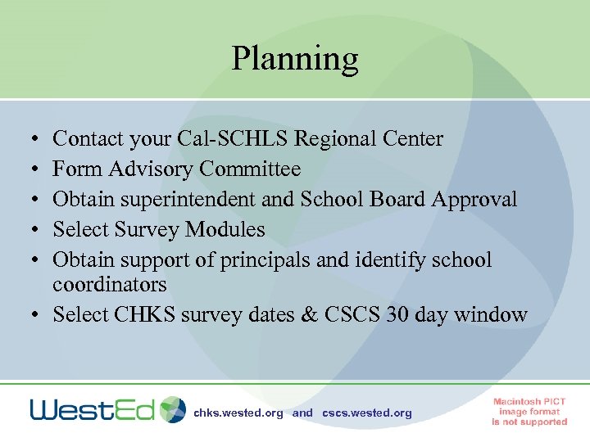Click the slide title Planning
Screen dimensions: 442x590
tap(294, 59)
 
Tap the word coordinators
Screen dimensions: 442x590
tap(109, 285)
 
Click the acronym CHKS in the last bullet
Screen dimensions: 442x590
tap(157, 315)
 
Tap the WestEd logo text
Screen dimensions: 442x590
tap(92, 410)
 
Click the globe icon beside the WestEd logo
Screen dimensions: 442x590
tap(173, 409)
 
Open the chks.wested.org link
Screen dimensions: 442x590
tap(238, 413)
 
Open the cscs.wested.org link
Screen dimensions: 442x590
tap(367, 413)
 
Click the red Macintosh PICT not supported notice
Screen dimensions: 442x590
tap(529, 412)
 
